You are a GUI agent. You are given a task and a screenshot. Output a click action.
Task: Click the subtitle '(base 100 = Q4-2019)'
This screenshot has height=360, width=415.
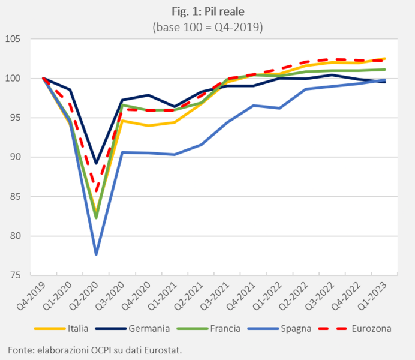tap(207, 28)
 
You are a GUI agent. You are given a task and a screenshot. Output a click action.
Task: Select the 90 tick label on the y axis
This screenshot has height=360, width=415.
tap(15, 157)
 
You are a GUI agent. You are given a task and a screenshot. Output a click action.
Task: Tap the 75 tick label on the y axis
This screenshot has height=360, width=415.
tap(15, 275)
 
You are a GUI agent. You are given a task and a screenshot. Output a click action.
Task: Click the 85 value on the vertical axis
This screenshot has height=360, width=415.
tap(15, 197)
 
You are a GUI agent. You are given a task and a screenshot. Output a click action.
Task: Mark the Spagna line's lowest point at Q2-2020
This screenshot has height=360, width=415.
tap(96, 254)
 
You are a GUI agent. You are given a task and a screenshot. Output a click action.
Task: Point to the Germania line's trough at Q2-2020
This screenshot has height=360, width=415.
tap(96, 163)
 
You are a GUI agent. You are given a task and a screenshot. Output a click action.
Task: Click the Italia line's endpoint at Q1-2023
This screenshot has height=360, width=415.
tap(384, 58)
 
